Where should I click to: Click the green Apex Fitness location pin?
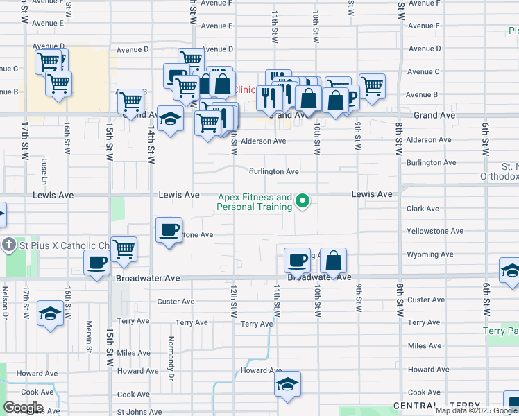(303, 202)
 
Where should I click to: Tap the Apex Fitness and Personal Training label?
(255, 202)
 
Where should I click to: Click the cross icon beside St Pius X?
(8, 245)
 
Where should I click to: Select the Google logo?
(23, 408)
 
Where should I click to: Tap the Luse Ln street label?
(44, 166)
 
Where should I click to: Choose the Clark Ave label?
(423, 209)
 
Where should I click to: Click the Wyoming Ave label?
(429, 254)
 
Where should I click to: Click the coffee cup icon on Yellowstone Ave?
(168, 229)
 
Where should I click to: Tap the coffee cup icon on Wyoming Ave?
(297, 260)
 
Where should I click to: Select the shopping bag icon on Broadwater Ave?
(333, 261)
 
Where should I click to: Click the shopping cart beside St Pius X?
(124, 248)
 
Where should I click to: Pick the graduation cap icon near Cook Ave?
(287, 385)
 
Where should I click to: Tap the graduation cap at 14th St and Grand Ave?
(170, 119)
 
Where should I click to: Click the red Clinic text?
(244, 90)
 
